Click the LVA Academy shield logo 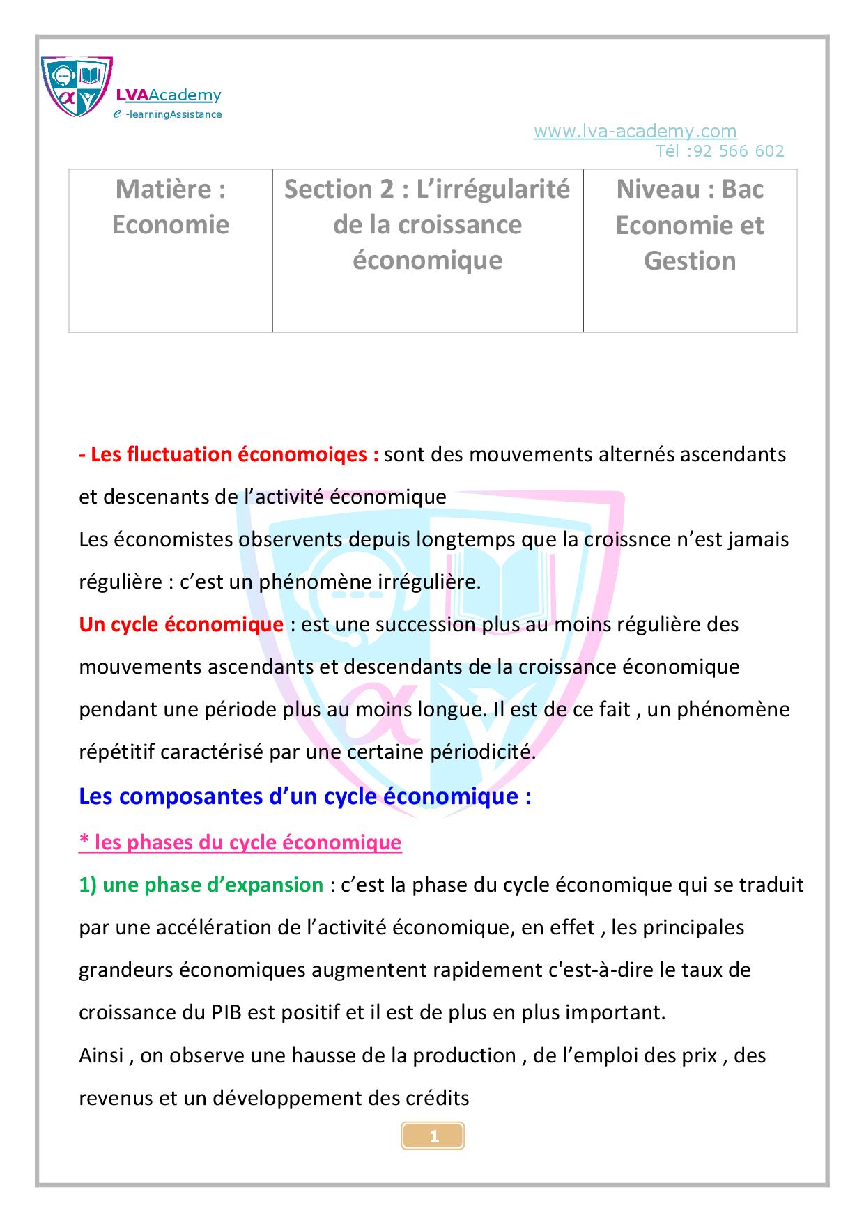coord(77,86)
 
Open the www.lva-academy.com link coord(635,131)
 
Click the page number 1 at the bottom coord(433,1137)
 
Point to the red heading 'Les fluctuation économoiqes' coord(229,454)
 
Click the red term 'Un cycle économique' coord(181,624)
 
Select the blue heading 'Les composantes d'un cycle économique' coord(305,796)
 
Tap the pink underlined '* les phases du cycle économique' coord(240,842)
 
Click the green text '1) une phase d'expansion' coord(201,885)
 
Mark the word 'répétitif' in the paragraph coord(116,752)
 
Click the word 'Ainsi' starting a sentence coord(102,1055)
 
